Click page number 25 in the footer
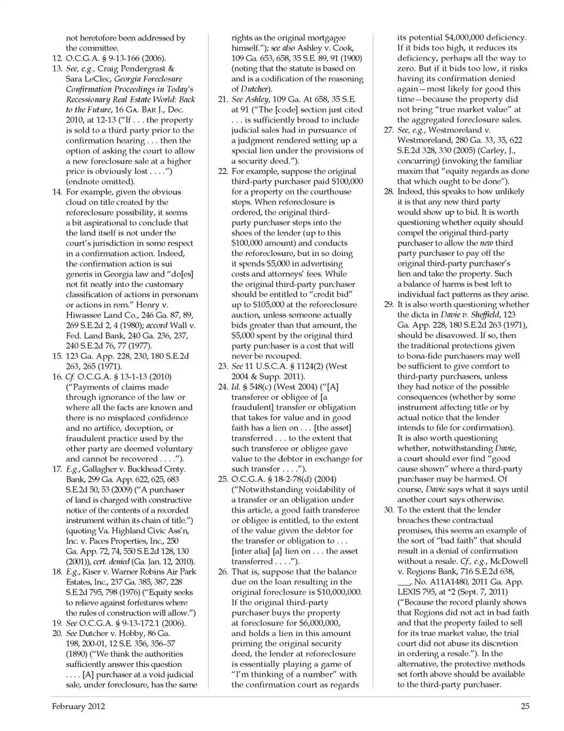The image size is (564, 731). (x=525, y=707)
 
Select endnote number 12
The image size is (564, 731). (x=57, y=59)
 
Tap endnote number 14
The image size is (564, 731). (x=57, y=192)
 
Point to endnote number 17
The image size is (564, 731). (x=57, y=469)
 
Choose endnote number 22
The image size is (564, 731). (x=223, y=171)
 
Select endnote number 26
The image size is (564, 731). (x=223, y=572)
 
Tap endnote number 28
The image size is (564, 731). (x=388, y=192)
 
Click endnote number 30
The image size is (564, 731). (x=388, y=510)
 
